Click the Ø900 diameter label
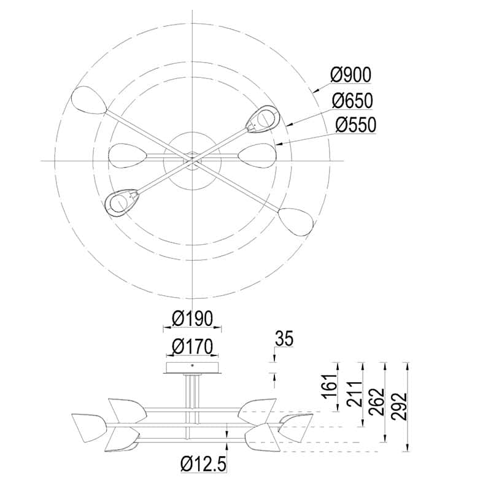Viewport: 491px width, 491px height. pyautogui.click(x=350, y=75)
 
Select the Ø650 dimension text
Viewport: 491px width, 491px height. pyautogui.click(x=352, y=100)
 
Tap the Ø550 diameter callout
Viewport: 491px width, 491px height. pyautogui.click(x=355, y=125)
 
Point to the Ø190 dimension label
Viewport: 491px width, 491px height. pyautogui.click(x=192, y=319)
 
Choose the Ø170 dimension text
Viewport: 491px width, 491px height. pyautogui.click(x=192, y=346)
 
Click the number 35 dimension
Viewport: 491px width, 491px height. pyautogui.click(x=284, y=339)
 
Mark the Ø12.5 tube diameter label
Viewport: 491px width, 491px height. pyautogui.click(x=203, y=464)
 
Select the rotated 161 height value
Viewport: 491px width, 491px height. pyautogui.click(x=330, y=386)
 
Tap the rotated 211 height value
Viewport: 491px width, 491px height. pyautogui.click(x=355, y=394)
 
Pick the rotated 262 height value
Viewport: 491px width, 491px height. pyautogui.click(x=376, y=402)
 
